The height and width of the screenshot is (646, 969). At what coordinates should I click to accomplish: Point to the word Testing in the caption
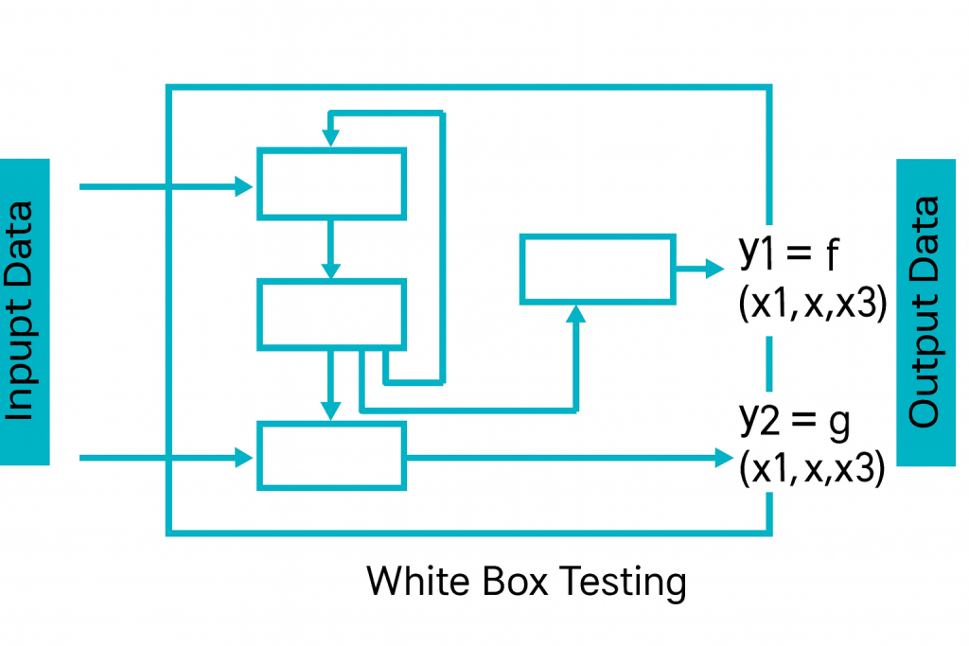coord(625,583)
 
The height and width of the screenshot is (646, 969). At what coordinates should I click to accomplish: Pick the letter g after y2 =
coord(838,424)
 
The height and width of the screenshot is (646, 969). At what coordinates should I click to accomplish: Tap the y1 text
coord(758,253)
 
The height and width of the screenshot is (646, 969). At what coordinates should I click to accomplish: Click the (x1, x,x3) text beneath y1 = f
coord(811,305)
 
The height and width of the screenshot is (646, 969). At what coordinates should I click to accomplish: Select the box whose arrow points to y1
coord(597,269)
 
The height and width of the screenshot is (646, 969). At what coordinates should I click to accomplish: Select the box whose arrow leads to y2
coord(331,456)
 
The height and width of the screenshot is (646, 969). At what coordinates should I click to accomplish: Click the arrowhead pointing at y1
coord(716,270)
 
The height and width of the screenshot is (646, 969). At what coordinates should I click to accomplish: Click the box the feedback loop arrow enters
coord(331,183)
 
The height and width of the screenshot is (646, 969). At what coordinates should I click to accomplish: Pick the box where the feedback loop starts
coord(331,313)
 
